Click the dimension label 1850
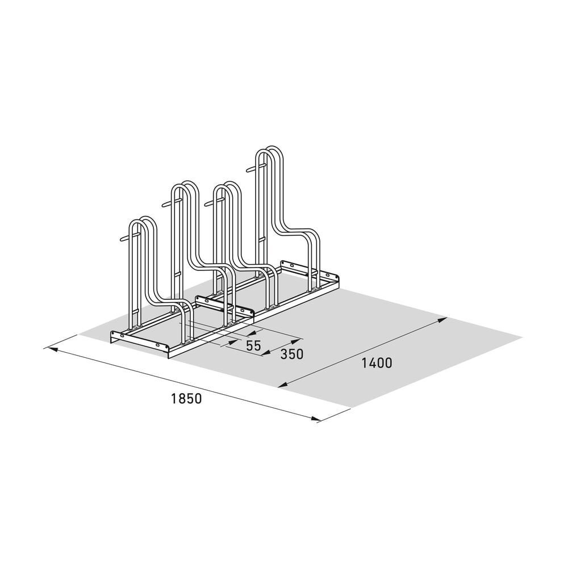[186, 399]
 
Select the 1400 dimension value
[377, 363]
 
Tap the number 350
[291, 354]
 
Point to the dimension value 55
[253, 345]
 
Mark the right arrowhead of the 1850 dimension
[317, 419]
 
